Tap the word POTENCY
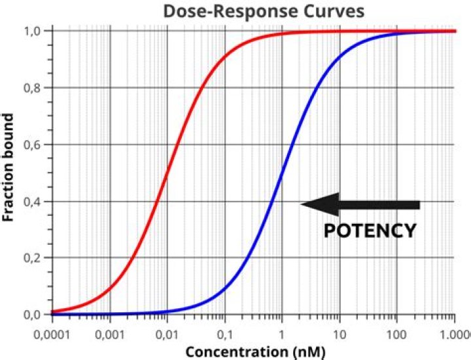370,230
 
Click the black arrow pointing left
360,205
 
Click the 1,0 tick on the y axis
35,31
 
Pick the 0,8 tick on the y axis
35,88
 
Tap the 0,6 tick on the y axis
35,145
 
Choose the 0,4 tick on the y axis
35,202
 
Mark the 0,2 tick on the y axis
35,258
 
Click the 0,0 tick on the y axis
35,315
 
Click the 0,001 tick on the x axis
109,331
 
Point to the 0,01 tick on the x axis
167,331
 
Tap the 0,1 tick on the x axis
224,331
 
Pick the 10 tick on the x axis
339,331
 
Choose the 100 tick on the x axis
396,331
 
